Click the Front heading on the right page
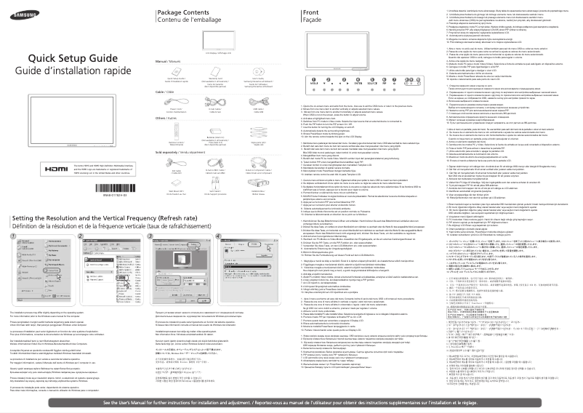click(311, 13)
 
